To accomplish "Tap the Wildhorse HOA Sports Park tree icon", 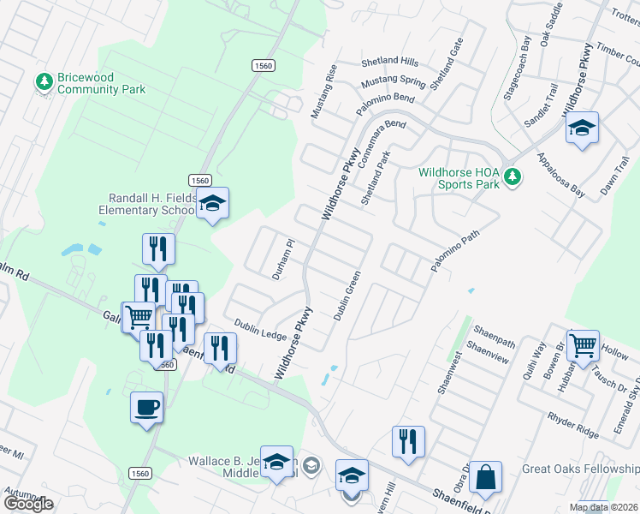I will [x=513, y=176].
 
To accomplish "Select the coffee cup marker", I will [x=146, y=406].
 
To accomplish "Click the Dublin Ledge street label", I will [x=261, y=328].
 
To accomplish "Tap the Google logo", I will [x=28, y=503].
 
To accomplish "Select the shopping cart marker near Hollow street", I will [x=583, y=345].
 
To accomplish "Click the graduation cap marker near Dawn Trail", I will [x=583, y=128].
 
